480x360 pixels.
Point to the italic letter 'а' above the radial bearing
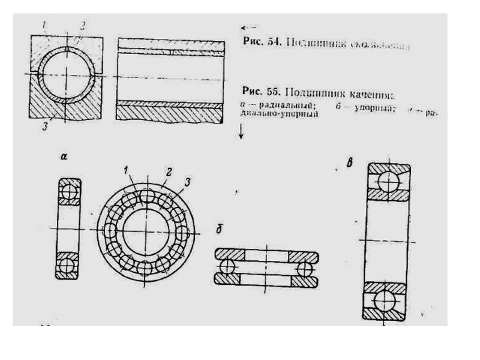tap(64, 157)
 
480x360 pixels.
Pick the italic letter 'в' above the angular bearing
tap(350, 161)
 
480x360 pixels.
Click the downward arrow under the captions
tap(241, 133)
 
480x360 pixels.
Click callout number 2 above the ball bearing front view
tap(169, 172)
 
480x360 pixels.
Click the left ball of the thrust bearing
tap(227, 266)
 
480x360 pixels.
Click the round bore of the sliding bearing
tap(67, 75)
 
